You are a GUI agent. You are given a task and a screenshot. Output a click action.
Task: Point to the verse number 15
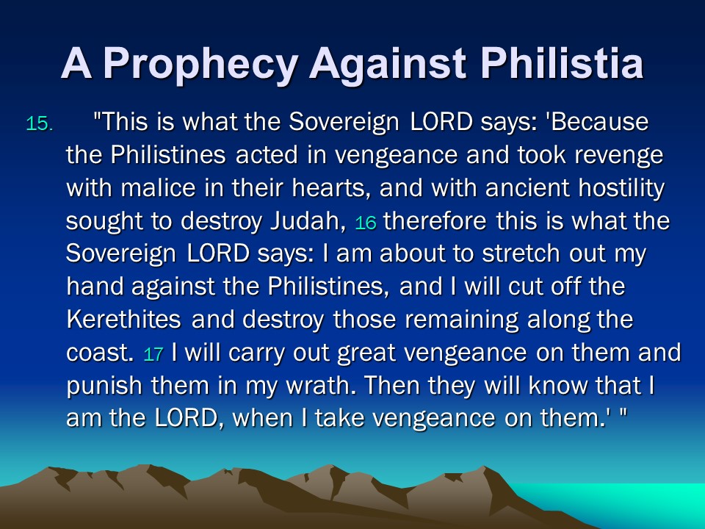(x=40, y=123)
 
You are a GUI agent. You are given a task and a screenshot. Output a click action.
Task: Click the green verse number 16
(x=366, y=223)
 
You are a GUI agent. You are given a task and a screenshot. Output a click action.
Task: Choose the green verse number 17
(x=153, y=354)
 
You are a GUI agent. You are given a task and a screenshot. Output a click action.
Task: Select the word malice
(x=159, y=187)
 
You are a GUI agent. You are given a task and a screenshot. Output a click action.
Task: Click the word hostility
(x=621, y=189)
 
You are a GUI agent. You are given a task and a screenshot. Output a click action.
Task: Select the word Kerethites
(x=123, y=320)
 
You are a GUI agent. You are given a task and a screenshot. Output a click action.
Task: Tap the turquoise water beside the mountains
(x=629, y=502)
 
